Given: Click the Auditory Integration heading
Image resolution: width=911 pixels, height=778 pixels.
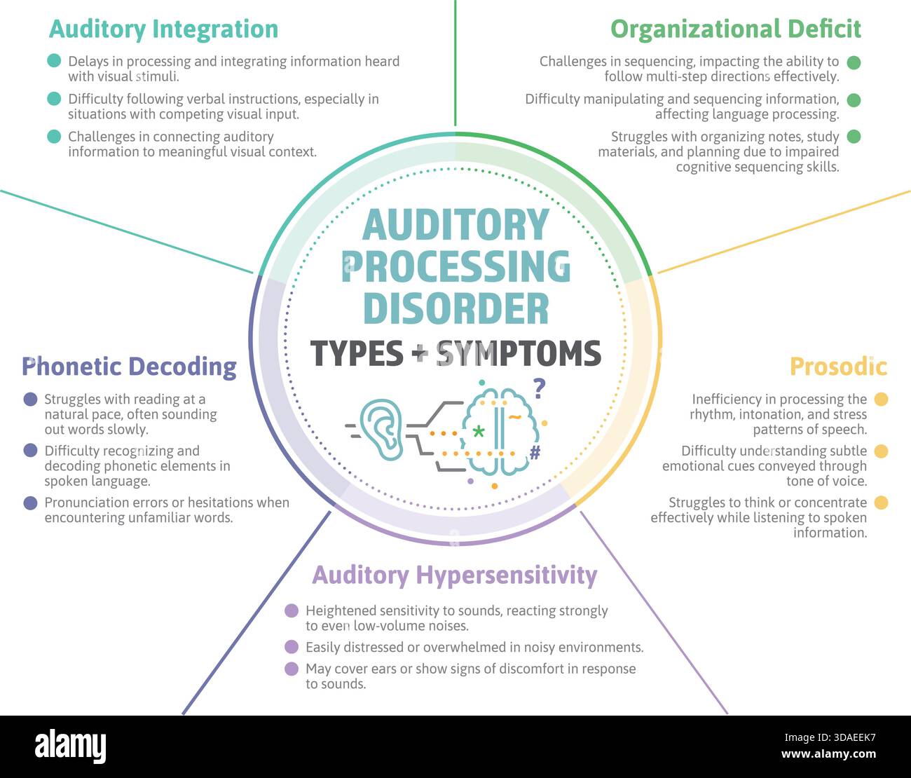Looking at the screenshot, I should point(163,29).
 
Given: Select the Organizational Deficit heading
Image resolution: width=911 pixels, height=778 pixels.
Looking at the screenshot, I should point(735,29).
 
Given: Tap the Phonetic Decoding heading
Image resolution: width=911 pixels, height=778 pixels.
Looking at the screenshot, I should point(129,367).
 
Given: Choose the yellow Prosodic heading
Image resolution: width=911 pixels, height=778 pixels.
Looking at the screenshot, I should point(838,367).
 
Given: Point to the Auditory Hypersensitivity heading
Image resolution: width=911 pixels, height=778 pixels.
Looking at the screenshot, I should point(454,575).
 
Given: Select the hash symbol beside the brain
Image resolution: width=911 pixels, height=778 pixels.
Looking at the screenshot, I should point(535,453).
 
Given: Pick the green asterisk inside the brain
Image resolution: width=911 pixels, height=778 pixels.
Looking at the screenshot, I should point(479,431).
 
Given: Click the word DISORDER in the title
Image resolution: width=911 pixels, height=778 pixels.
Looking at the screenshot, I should point(455,309).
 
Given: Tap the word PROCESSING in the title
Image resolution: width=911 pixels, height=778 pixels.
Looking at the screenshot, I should point(455,267).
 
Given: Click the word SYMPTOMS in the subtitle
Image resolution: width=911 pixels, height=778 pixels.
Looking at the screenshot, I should point(519,353).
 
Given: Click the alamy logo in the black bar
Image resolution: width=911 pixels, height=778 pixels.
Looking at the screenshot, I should point(70,746).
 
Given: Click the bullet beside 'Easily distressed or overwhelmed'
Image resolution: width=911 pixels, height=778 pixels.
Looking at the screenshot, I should point(292,647).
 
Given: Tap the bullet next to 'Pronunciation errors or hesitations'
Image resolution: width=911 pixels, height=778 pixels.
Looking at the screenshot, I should point(30,503).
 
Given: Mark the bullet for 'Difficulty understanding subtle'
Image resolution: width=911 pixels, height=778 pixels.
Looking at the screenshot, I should point(881,451).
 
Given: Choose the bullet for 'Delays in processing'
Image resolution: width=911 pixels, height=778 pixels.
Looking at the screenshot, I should point(54,61).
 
